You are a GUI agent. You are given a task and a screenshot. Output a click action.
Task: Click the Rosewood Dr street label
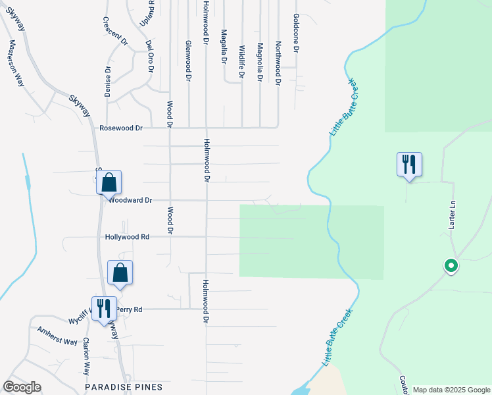click(x=121, y=128)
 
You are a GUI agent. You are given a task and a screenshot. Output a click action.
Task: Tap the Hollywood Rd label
click(x=127, y=236)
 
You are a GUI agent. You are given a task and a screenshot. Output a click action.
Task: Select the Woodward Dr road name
click(x=131, y=200)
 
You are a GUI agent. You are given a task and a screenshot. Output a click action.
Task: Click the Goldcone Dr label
click(x=297, y=33)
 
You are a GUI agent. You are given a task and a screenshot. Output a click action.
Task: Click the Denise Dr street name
click(x=108, y=81)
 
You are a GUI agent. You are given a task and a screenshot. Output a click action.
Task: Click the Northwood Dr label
click(x=278, y=65)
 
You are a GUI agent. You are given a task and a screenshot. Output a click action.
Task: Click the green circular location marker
click(x=451, y=266)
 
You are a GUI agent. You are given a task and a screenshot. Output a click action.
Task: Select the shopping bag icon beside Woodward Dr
click(x=109, y=182)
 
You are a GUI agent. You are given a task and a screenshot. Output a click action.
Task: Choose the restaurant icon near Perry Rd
click(x=104, y=307)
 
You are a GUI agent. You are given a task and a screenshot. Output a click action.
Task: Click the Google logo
click(x=22, y=387)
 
